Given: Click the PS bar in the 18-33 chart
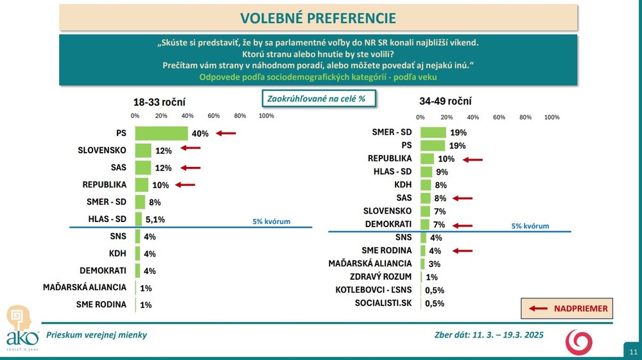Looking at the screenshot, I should tap(161, 133).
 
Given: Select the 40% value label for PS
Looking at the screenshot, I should tap(200, 133).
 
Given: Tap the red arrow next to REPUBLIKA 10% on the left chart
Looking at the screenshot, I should tap(185, 185).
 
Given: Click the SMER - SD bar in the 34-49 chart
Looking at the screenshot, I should tap(433, 132).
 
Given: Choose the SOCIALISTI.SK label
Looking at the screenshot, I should tap(383, 303).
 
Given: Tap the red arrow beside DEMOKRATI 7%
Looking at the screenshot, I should tap(462, 225).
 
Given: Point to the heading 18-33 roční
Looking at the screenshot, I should tap(159, 101).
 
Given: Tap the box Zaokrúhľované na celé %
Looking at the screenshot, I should tap(318, 98).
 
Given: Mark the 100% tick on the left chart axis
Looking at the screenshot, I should tap(266, 116).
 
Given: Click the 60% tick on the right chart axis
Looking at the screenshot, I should tap(499, 117).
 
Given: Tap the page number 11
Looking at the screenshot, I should tap(633, 352).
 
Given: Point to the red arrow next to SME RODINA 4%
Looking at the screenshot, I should tap(462, 250).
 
